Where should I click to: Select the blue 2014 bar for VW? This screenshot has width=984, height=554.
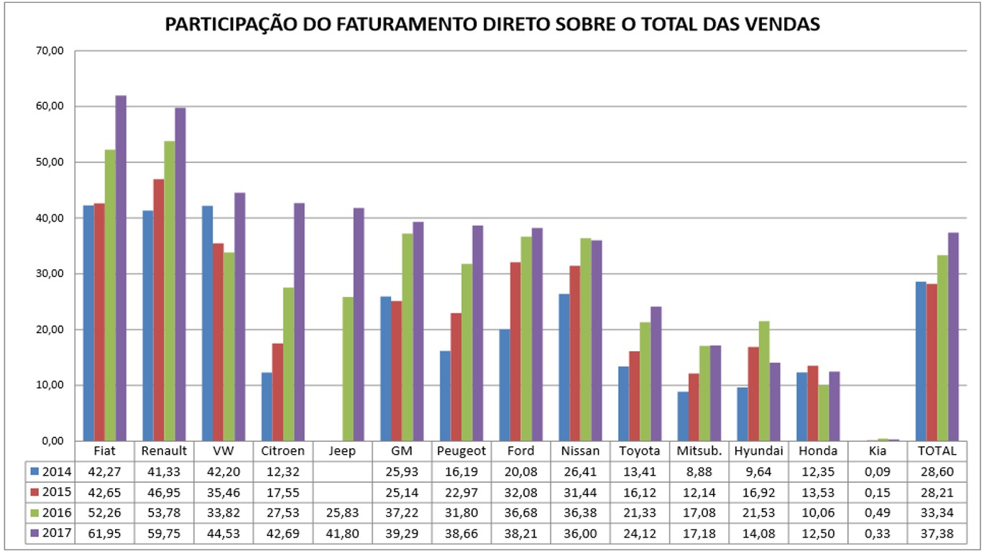207,323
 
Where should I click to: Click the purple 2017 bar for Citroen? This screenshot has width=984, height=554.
299,322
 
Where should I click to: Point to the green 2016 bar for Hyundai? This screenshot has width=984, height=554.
764,381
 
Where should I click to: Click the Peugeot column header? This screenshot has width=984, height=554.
461,451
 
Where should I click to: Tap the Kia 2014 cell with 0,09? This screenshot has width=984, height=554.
878,471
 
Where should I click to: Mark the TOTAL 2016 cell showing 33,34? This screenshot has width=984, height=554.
942,513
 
